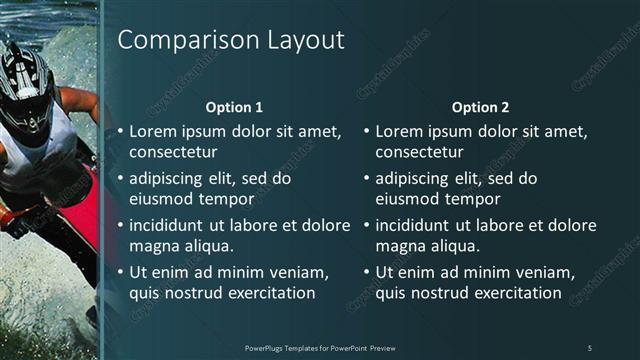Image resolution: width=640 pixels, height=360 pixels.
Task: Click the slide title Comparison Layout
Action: coord(231,40)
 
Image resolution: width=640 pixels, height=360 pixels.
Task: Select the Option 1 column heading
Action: coord(234,107)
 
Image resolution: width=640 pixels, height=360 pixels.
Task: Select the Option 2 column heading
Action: coord(480,107)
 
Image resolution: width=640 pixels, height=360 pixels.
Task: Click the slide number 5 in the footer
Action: coord(589,347)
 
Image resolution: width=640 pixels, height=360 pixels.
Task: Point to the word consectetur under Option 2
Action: coord(419,152)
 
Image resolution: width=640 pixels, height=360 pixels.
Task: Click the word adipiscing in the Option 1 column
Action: coord(171,178)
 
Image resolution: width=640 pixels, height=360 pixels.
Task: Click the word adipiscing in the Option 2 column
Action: coord(417,178)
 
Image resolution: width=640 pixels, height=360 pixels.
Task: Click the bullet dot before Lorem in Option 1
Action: coord(121,131)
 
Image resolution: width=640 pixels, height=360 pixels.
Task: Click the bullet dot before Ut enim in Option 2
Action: coord(367,272)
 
